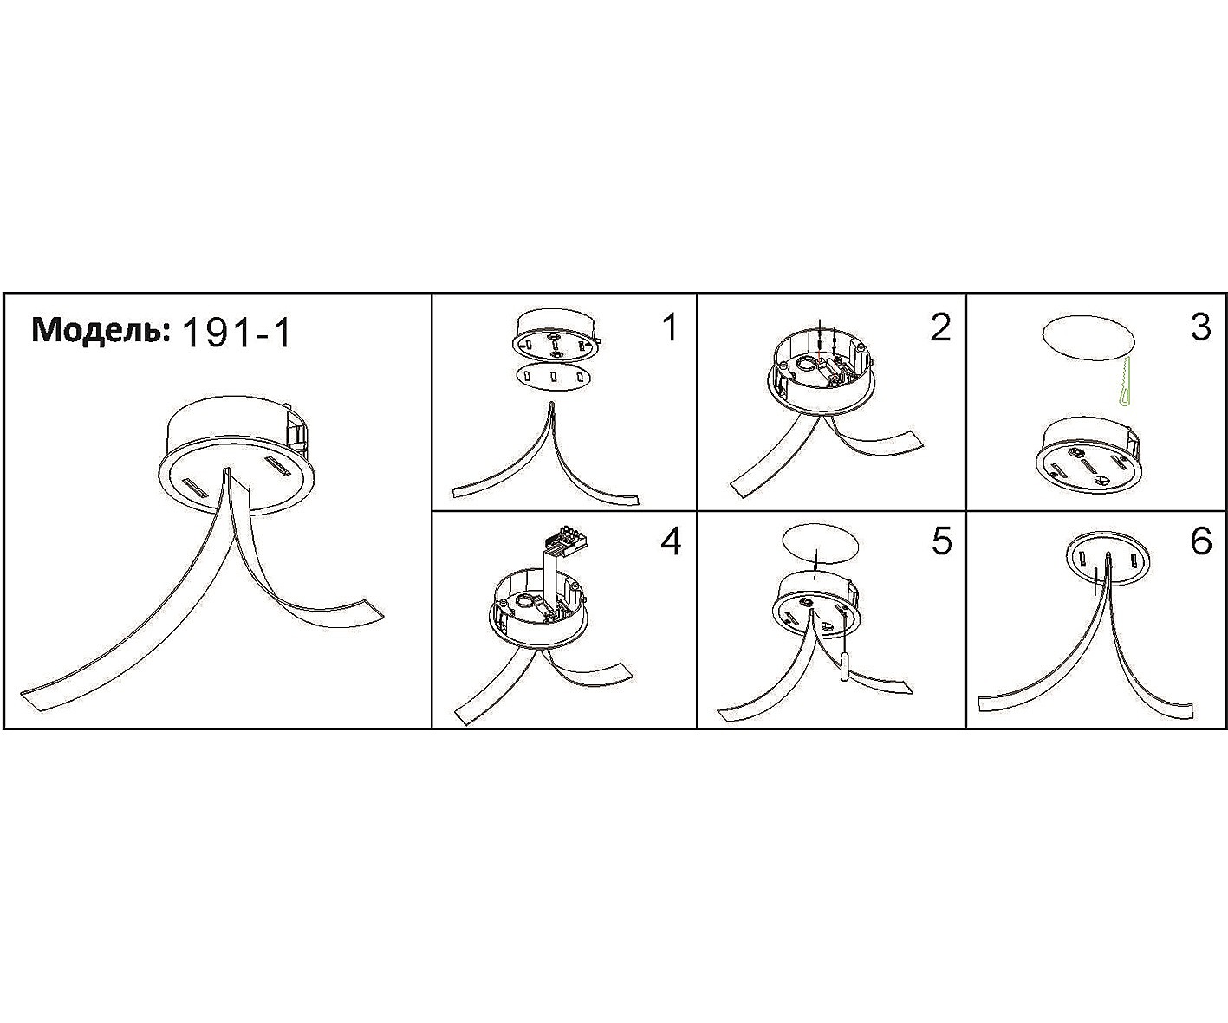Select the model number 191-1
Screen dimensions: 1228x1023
237,332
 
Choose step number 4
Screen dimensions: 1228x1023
671,541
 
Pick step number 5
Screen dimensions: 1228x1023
941,541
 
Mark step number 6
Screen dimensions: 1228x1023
1201,541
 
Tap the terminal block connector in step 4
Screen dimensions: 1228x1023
566,538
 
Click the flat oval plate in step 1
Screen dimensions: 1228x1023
553,376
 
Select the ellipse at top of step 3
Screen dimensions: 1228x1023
1088,338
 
